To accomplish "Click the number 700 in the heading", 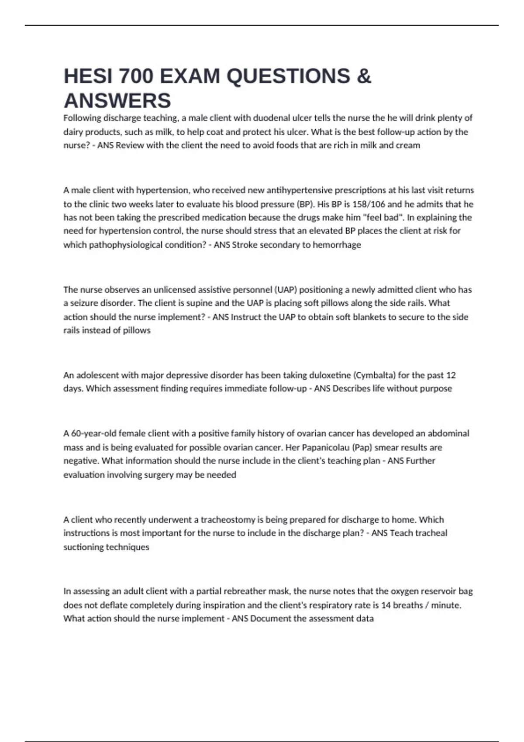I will [136, 76].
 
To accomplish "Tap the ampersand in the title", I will [364, 76].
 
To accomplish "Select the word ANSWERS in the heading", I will [117, 101].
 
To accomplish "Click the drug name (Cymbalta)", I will [374, 375].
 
